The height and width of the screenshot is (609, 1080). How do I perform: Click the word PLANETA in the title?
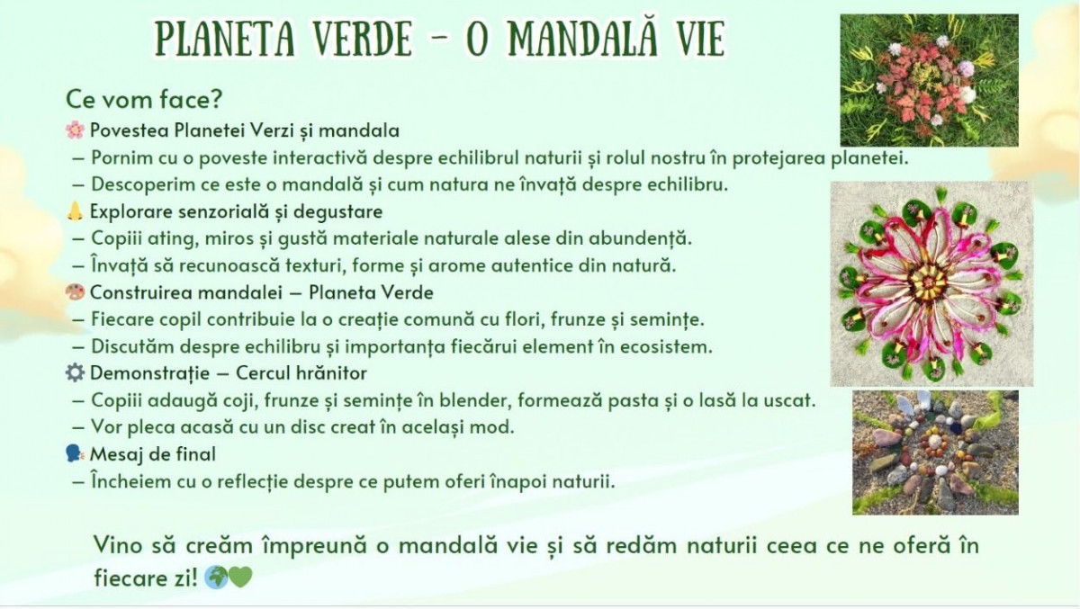coord(225,39)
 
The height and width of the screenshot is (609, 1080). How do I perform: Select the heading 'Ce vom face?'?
coord(144,99)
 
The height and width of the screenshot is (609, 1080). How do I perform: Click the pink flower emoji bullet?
coord(75,130)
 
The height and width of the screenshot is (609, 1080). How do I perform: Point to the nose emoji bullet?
coord(75,211)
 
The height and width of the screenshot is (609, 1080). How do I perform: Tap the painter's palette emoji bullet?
coord(75,292)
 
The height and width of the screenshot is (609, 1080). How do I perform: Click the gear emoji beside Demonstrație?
coord(75,373)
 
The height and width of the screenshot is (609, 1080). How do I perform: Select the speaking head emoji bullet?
coord(75,454)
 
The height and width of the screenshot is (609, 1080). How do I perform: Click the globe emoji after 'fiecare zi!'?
coord(215,578)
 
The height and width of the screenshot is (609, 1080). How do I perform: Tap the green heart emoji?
coord(240,578)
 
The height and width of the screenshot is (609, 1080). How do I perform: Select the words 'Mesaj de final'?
coord(152,454)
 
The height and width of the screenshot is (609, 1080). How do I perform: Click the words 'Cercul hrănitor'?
coord(301,373)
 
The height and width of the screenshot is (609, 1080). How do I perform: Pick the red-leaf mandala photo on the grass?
coord(929,80)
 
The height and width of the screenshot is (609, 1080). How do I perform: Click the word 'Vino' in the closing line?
coord(118,545)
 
